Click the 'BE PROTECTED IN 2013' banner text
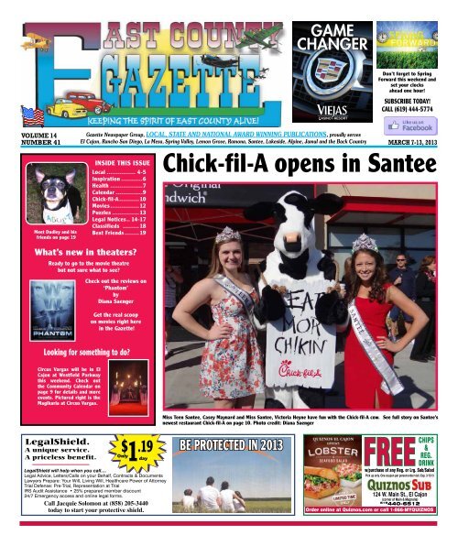(234, 444)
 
